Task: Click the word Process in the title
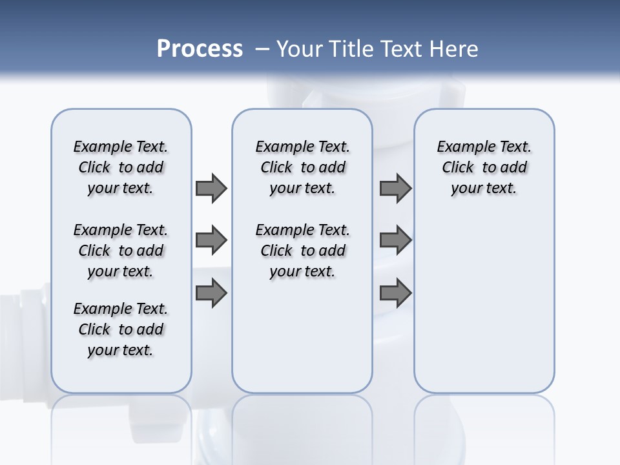(200, 49)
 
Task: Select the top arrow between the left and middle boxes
(211, 189)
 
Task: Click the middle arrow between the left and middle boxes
(211, 240)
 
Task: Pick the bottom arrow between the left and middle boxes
(211, 293)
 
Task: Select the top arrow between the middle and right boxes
(395, 189)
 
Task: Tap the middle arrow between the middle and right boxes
(395, 240)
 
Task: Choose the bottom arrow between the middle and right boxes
(395, 293)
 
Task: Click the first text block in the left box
(121, 167)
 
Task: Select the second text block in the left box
(121, 251)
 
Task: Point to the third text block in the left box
(121, 329)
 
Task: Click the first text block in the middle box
(302, 167)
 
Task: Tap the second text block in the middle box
(302, 251)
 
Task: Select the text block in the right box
(484, 167)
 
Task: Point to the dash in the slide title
(262, 49)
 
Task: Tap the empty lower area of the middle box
(302, 336)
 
